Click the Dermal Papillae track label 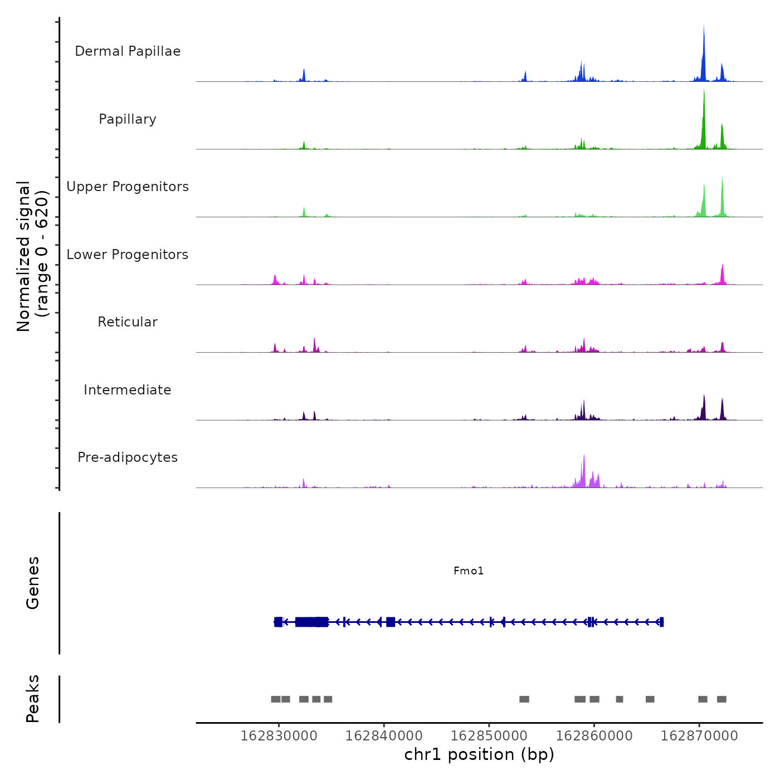click(x=128, y=51)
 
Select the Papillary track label click(x=128, y=119)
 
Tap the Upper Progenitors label click(x=128, y=187)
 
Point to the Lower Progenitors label click(x=128, y=255)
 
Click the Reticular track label click(x=128, y=322)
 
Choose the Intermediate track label click(x=128, y=390)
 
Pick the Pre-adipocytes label click(x=128, y=457)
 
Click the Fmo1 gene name click(x=469, y=571)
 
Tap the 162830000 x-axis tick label click(x=279, y=736)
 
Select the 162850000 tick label click(x=489, y=736)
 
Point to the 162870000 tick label click(x=699, y=736)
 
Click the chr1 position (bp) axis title click(x=479, y=754)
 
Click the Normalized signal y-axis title click(x=32, y=256)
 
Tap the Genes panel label click(x=33, y=583)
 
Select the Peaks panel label click(x=33, y=699)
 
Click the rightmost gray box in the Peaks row click(x=721, y=699)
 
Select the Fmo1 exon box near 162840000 click(x=391, y=622)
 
